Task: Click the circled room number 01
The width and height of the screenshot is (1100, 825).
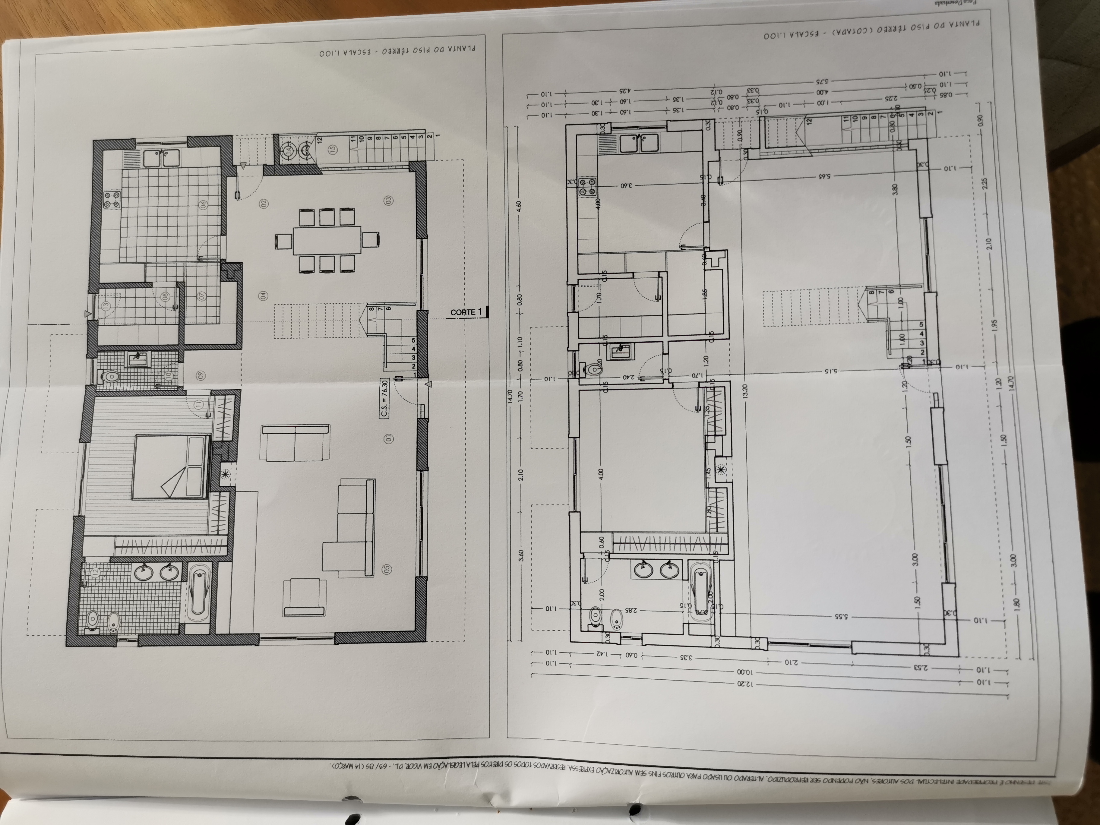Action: tap(388, 438)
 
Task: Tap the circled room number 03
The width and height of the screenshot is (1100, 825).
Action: tap(388, 201)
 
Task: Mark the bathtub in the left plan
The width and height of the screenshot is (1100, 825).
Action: tap(199, 593)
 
